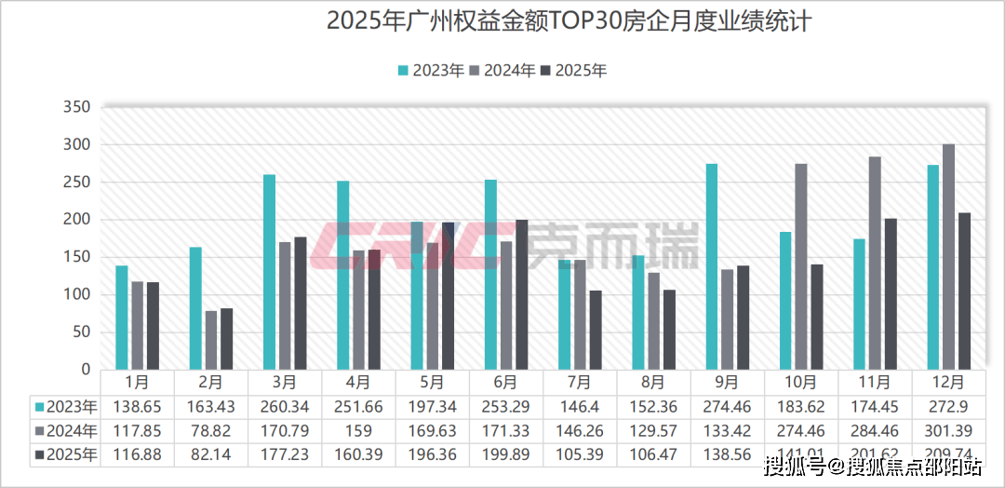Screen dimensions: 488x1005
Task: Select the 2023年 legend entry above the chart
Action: (431, 71)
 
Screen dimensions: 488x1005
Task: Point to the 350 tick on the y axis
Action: (78, 108)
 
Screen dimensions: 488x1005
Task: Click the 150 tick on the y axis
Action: (78, 258)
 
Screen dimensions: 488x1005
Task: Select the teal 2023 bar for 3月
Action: (269, 272)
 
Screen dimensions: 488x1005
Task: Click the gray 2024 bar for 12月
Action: (948, 257)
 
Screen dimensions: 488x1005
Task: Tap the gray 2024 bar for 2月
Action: (211, 340)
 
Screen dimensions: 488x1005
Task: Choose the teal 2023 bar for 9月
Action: (712, 266)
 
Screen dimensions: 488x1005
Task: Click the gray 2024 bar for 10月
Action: (801, 266)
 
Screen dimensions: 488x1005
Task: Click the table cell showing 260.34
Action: (284, 407)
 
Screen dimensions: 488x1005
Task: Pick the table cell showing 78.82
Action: (210, 431)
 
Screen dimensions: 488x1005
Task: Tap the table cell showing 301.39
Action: (948, 431)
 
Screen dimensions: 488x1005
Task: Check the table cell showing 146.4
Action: (579, 407)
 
